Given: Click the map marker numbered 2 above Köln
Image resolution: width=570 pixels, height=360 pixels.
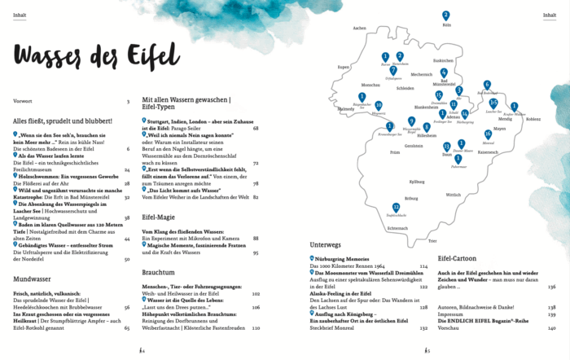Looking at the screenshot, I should tap(445, 15).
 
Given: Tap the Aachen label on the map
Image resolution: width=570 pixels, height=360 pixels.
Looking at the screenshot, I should tap(359, 28).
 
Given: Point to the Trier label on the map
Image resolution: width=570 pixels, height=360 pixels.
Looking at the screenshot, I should tap(432, 241).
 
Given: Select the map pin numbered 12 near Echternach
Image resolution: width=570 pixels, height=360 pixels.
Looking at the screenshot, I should tap(396, 207).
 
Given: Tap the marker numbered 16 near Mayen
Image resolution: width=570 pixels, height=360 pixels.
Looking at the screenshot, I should tap(488, 134).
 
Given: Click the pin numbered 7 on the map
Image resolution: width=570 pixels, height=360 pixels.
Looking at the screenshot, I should tap(393, 70).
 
